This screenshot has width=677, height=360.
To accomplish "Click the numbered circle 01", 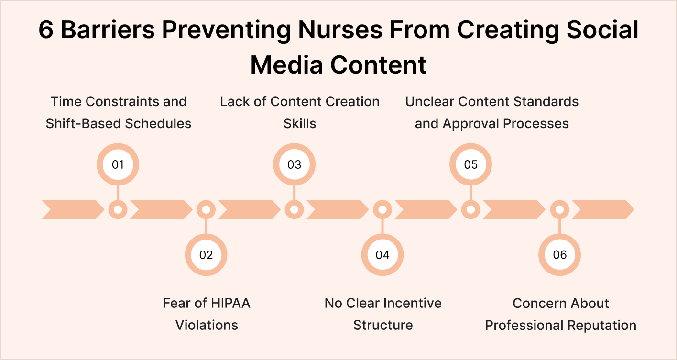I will click(x=118, y=164).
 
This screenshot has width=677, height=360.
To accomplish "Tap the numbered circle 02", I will click(x=206, y=255).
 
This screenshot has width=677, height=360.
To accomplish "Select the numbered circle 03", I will click(x=294, y=164).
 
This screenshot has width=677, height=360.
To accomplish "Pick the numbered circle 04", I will click(x=382, y=255).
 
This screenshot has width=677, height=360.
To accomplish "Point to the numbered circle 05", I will click(x=471, y=164).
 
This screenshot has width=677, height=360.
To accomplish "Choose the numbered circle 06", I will click(x=559, y=255).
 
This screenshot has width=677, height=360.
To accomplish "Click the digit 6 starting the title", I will click(x=46, y=31).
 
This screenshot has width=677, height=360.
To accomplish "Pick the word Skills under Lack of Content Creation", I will click(x=300, y=123).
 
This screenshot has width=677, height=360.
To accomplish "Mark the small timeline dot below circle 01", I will click(x=118, y=209).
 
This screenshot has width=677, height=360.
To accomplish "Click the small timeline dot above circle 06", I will click(x=559, y=209).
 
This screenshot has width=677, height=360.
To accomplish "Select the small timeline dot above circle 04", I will click(x=382, y=209).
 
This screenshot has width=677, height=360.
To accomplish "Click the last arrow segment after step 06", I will click(x=602, y=209).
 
